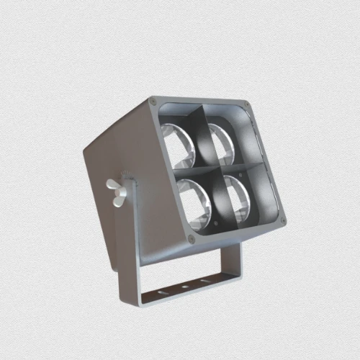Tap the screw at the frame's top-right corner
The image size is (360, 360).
(x=247, y=105)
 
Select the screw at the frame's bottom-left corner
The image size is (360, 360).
(x=191, y=239)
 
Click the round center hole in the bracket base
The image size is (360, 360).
(x=186, y=287)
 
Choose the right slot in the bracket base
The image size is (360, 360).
(x=207, y=281)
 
